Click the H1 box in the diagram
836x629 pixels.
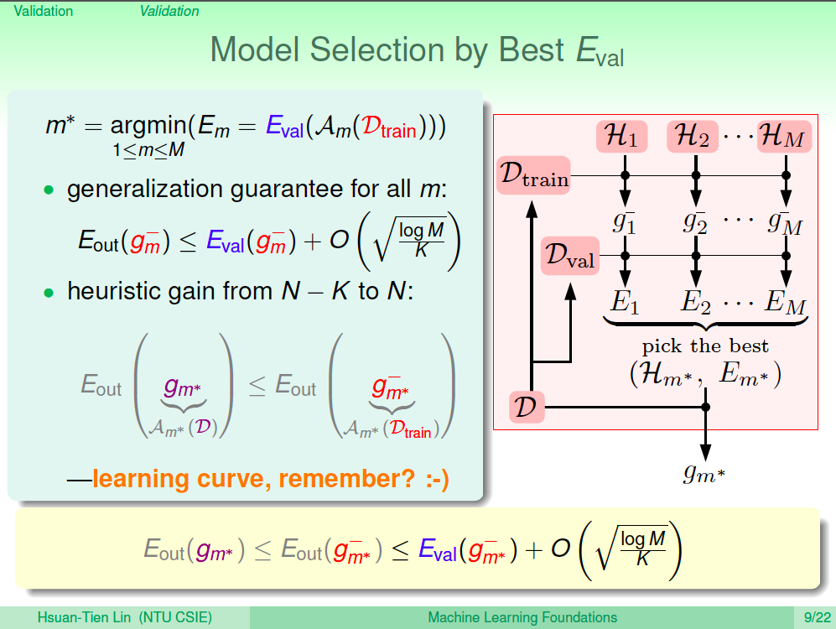[621, 136]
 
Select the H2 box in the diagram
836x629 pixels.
[693, 136]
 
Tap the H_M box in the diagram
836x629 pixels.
[784, 136]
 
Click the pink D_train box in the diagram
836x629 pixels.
[533, 174]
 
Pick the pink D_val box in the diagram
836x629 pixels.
[570, 255]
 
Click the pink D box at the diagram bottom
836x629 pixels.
[527, 408]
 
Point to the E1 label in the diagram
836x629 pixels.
[625, 302]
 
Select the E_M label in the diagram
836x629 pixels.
[786, 302]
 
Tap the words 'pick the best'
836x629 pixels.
[705, 346]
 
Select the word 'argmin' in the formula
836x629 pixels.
[148, 127]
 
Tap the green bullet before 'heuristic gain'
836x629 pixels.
[49, 293]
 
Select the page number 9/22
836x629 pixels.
[818, 618]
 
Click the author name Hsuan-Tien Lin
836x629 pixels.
[84, 618]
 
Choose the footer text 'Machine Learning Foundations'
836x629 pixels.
[522, 618]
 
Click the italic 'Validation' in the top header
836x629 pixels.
[169, 11]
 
